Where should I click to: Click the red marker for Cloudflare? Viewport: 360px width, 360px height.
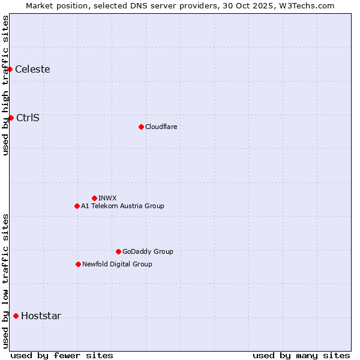click(141, 127)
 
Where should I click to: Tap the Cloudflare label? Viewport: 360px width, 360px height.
click(161, 127)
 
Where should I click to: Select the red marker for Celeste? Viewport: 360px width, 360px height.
click(10, 69)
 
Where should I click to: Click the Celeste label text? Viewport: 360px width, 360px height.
click(32, 69)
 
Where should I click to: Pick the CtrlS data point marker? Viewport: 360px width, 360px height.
click(11, 118)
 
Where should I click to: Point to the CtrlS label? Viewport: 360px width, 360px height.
click(28, 118)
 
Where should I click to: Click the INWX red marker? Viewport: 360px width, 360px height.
click(94, 198)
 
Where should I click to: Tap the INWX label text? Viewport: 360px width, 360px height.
click(107, 198)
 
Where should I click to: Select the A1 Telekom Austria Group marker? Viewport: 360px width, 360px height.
click(77, 206)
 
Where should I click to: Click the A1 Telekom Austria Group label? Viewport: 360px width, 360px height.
click(122, 206)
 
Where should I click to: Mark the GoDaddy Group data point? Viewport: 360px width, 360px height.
click(118, 251)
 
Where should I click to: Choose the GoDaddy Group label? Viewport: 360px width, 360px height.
click(147, 251)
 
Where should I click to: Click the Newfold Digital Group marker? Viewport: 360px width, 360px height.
click(78, 264)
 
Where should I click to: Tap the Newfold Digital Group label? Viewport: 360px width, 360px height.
click(117, 264)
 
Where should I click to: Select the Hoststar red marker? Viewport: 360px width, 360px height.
click(16, 316)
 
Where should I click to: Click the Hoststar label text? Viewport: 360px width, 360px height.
click(41, 316)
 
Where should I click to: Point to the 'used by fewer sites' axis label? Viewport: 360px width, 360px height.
click(62, 355)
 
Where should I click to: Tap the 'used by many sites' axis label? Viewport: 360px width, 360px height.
click(301, 355)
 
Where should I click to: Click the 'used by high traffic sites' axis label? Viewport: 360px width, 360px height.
click(5, 85)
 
